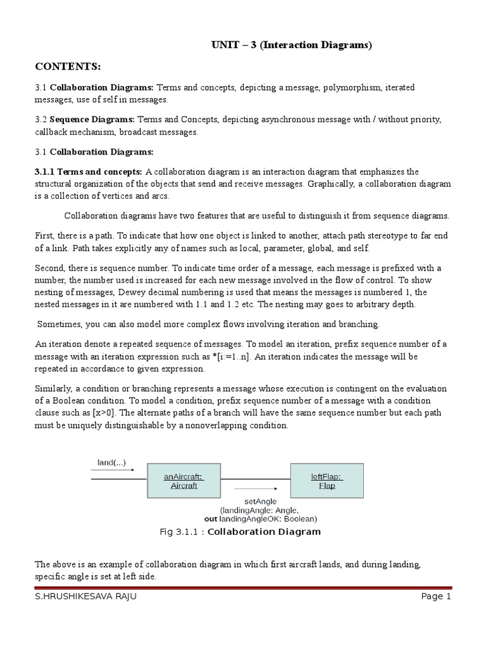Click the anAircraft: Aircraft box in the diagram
(183, 481)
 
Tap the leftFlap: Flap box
(327, 481)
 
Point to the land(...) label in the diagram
(111, 462)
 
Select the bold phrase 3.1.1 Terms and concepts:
(89, 172)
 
